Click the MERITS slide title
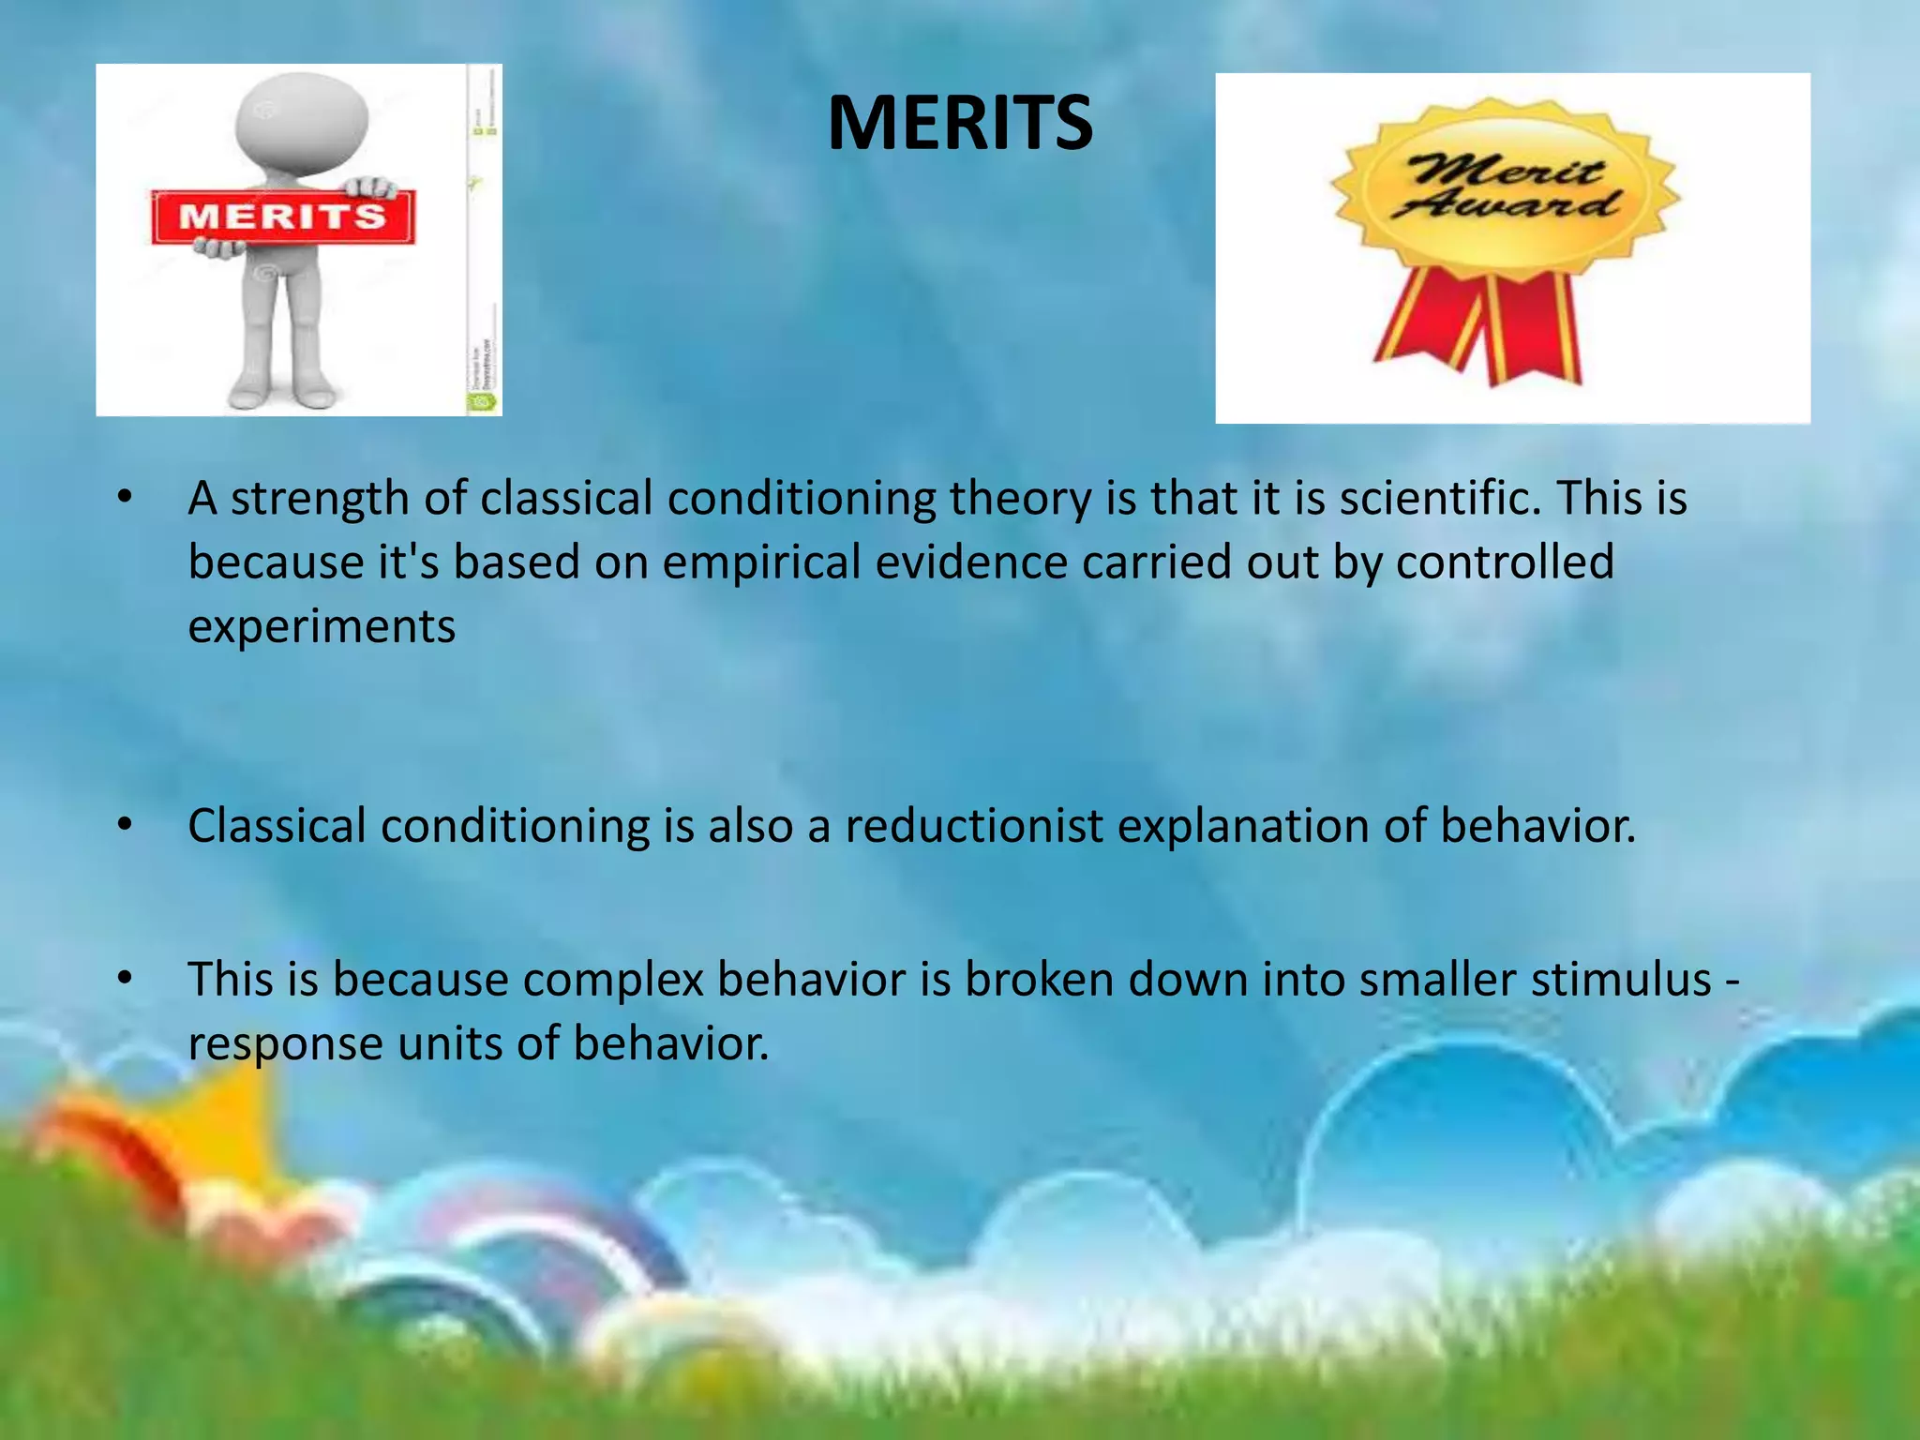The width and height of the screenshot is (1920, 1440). click(x=960, y=123)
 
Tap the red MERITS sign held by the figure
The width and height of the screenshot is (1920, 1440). click(x=282, y=217)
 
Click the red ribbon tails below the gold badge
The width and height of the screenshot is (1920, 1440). click(x=1481, y=323)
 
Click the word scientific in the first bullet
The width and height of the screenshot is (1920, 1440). click(x=1439, y=498)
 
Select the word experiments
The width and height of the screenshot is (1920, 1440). click(x=322, y=626)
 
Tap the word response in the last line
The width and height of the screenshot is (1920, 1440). click(x=285, y=1044)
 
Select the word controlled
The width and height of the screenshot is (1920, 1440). click(x=1505, y=562)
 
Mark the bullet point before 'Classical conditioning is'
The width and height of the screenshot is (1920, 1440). click(x=125, y=825)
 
